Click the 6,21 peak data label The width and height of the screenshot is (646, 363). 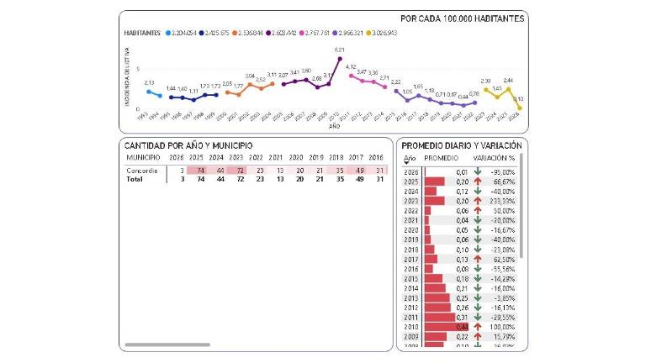pos(339,50)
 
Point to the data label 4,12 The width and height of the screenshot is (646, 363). pos(351,66)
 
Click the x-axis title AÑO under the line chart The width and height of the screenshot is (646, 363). pos(334,126)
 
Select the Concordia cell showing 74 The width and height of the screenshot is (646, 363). pos(199,171)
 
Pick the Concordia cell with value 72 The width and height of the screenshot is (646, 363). pos(237,171)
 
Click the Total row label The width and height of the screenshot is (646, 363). pos(135,180)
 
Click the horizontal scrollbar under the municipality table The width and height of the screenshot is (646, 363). pos(156,345)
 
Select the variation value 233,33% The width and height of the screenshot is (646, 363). pos(502,201)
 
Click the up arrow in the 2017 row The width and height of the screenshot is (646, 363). pos(477,260)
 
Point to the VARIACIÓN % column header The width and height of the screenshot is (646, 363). pos(495,158)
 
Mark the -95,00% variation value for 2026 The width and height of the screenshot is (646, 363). pos(502,171)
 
